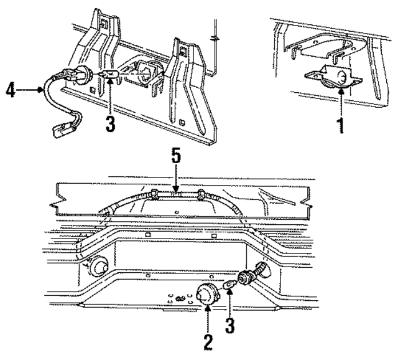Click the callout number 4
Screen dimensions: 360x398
(9, 90)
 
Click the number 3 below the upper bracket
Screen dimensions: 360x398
(110, 124)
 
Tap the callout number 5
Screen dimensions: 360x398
(177, 156)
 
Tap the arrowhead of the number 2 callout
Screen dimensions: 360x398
(207, 308)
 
